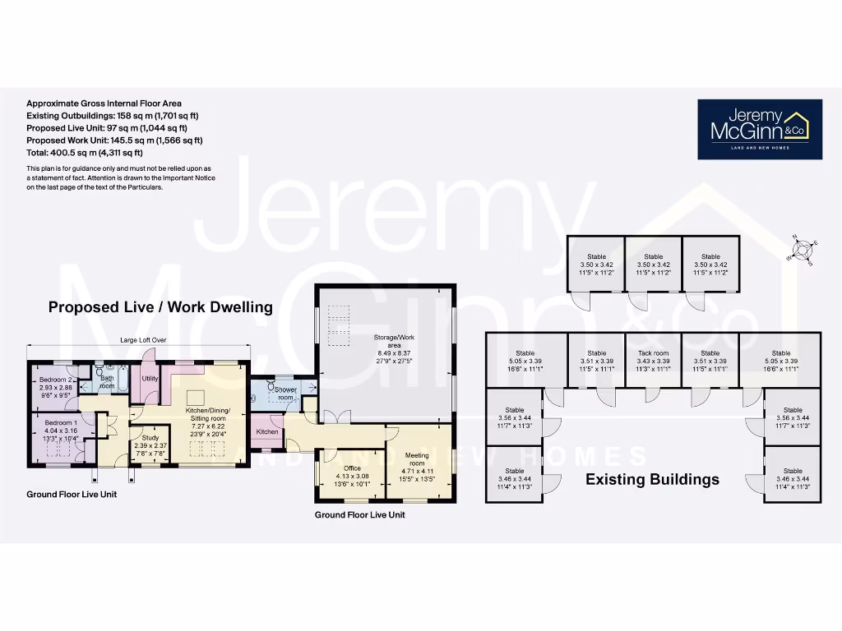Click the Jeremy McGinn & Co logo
(759, 129)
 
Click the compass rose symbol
(802, 249)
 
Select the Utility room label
(150, 379)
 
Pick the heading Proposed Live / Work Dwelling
(160, 307)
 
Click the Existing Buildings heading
(652, 479)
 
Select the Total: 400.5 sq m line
(85, 153)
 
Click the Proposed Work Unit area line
(114, 140)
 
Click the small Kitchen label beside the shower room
(267, 431)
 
